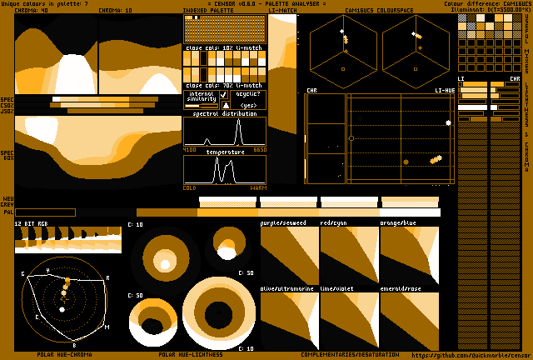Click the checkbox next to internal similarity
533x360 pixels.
tap(223, 95)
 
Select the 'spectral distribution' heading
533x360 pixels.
tap(225, 113)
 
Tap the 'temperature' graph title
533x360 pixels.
tap(225, 152)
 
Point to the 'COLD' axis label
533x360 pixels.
tap(190, 187)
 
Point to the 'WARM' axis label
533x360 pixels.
tap(258, 187)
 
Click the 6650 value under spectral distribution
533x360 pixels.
tap(259, 149)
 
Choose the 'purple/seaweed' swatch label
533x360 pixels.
tap(283, 223)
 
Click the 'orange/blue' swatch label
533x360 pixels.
tap(398, 223)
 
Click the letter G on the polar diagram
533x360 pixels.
tap(22, 273)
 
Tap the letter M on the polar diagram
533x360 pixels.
tap(106, 327)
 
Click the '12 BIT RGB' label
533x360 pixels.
tap(32, 224)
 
